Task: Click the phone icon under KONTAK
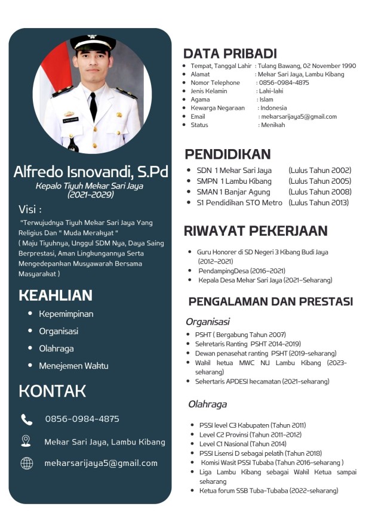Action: [27, 419]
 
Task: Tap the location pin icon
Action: [26, 441]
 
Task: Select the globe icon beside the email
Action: [27, 463]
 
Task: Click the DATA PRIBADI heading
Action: [230, 53]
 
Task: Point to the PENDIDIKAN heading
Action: [227, 154]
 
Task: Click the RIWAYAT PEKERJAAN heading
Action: [256, 231]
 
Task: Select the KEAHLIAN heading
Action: [56, 295]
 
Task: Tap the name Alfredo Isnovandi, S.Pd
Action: [91, 172]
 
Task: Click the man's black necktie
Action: [93, 106]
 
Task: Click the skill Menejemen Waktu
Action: [73, 366]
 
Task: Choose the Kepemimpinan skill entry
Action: [66, 314]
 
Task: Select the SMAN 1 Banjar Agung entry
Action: [233, 192]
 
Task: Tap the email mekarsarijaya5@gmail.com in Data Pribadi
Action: [299, 117]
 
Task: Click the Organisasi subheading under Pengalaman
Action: [207, 322]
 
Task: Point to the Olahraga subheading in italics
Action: [207, 404]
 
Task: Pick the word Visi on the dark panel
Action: [30, 209]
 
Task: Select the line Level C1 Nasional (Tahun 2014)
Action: [234, 444]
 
